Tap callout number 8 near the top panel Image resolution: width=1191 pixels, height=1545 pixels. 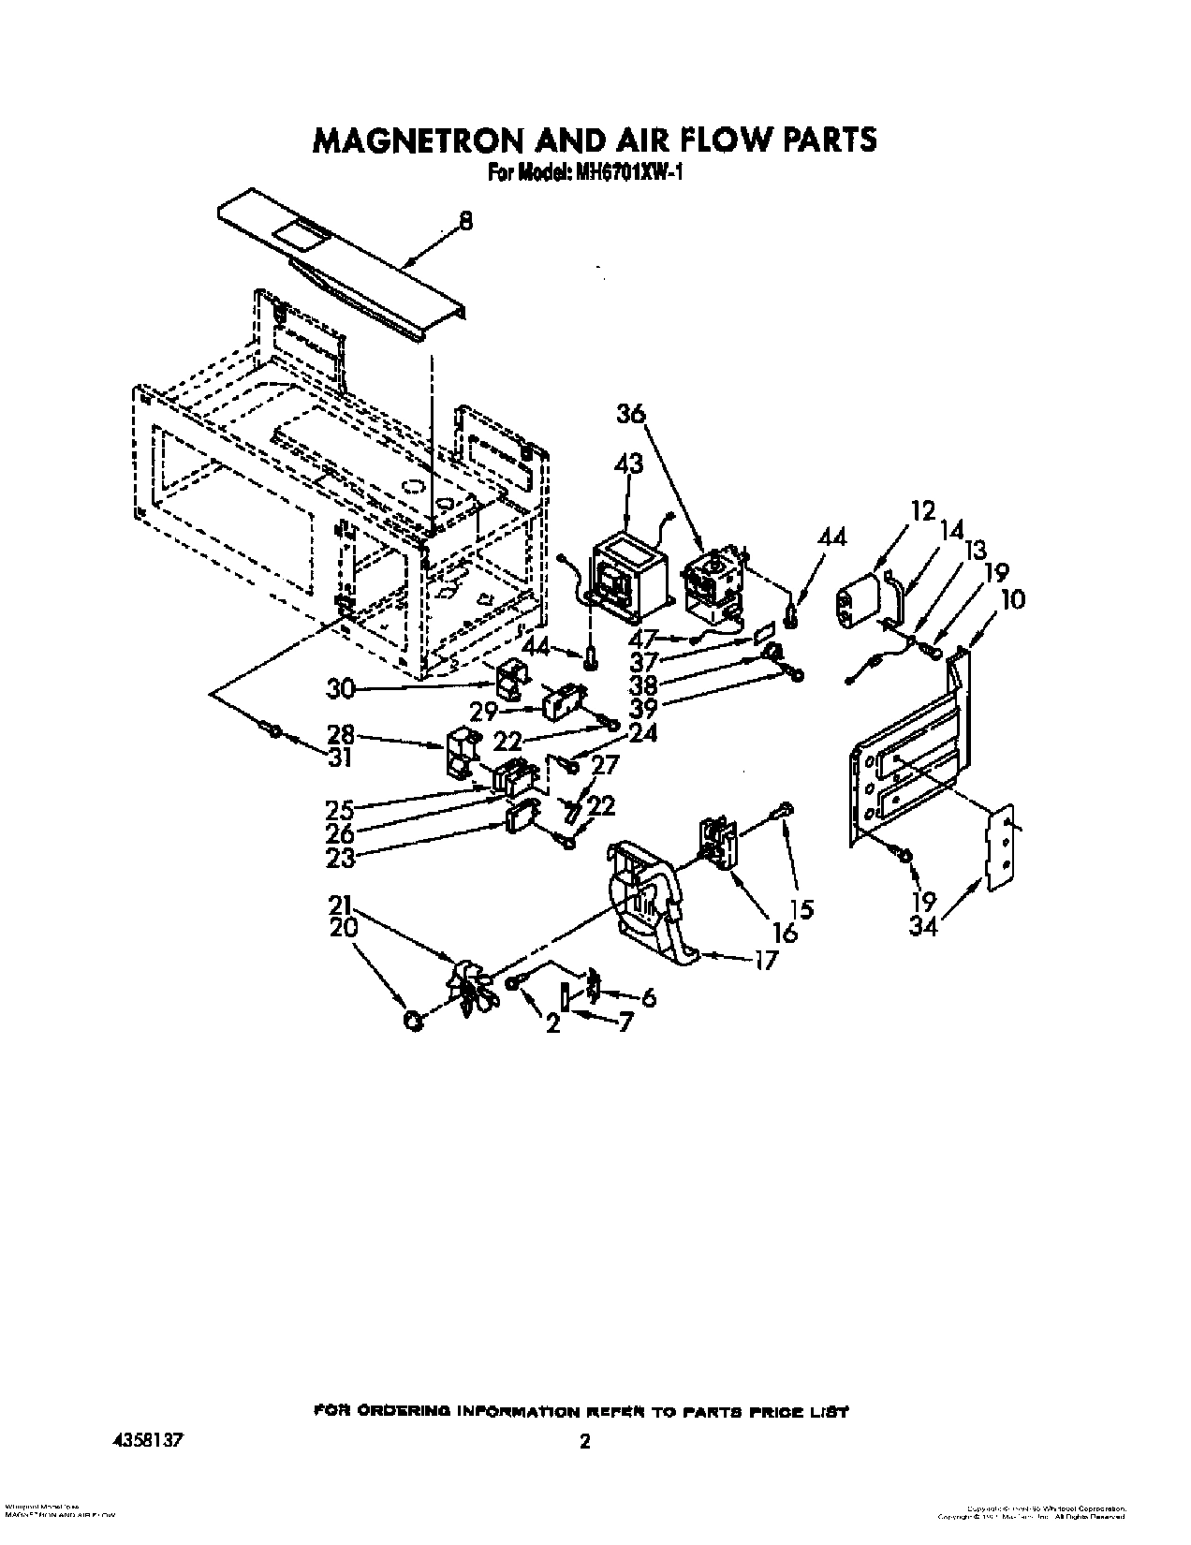[x=465, y=222]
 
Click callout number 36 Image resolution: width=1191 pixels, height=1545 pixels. [x=631, y=413]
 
